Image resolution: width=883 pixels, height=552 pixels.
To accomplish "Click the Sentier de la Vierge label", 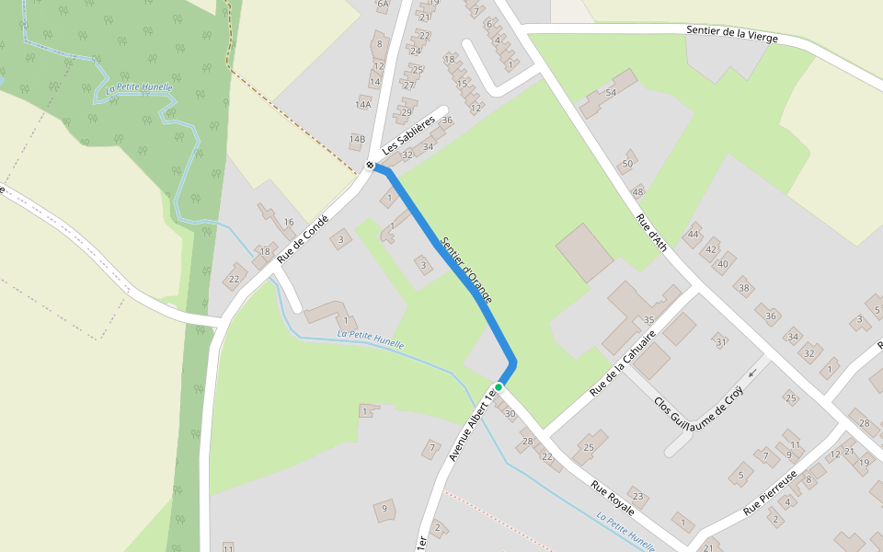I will click(x=731, y=34).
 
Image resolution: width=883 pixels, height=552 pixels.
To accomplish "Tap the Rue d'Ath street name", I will click(x=651, y=234).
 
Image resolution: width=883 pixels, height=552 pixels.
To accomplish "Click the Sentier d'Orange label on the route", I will click(x=466, y=270).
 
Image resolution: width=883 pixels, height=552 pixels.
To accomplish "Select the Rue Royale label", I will click(x=613, y=498).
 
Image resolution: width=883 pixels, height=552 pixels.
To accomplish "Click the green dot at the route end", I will click(x=499, y=386).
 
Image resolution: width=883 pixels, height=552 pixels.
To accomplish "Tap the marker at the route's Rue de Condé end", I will click(x=370, y=166).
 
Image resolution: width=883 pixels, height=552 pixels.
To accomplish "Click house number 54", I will click(x=610, y=93).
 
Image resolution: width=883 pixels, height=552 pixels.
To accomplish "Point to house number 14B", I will click(x=357, y=140).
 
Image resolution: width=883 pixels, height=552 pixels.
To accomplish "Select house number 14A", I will click(x=363, y=105).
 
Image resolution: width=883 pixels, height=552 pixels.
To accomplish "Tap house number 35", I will click(x=648, y=320).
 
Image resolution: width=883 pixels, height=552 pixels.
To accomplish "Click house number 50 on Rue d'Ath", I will click(x=628, y=164).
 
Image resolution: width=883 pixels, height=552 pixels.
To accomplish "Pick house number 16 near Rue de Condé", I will click(x=289, y=222).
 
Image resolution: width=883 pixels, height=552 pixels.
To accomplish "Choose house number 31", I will click(x=720, y=342).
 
